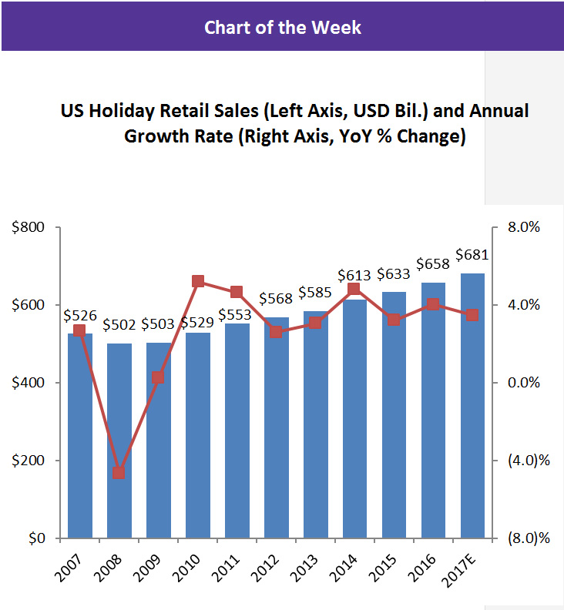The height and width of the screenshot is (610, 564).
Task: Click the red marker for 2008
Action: coord(119,472)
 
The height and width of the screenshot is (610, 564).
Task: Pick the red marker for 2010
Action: coord(198,281)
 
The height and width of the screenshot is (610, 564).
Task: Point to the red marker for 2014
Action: coord(354,289)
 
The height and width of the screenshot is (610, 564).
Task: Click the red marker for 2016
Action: coord(433,304)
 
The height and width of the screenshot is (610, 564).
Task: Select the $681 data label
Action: coord(473,255)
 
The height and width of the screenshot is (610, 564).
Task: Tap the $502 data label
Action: coord(119,325)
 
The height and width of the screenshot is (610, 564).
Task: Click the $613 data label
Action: coord(354,275)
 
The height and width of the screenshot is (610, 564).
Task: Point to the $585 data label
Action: coord(316,293)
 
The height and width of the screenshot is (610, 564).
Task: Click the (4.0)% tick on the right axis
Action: coord(527,461)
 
